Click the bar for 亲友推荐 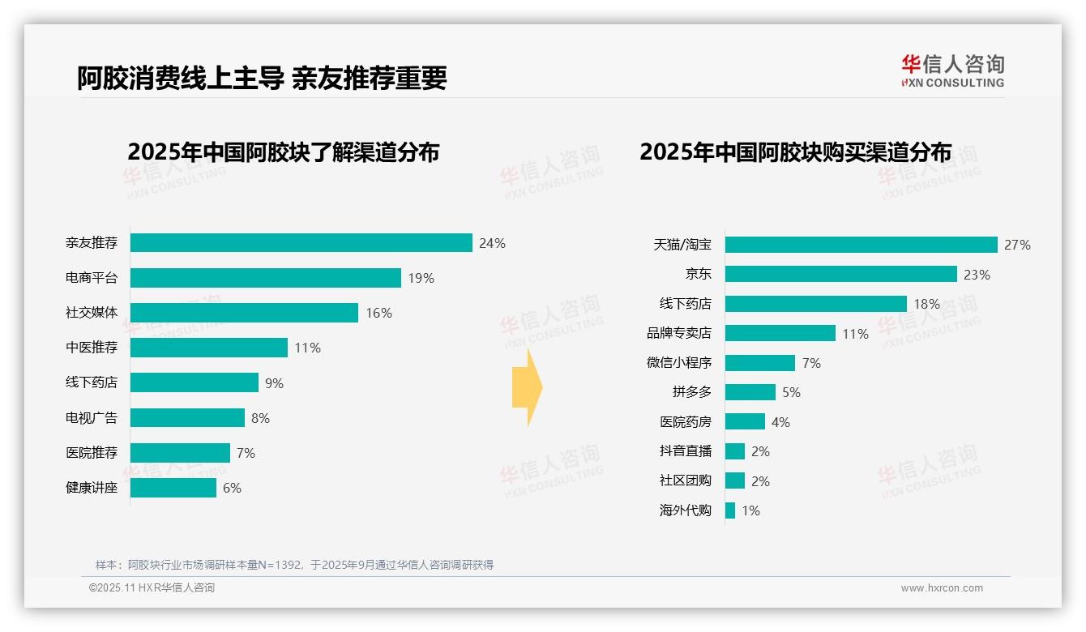301,243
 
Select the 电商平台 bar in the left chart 265,278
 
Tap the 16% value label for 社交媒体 378,313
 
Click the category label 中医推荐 92,348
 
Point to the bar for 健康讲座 173,488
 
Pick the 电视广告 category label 92,418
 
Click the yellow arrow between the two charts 527,387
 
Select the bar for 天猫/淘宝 861,245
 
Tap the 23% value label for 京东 977,275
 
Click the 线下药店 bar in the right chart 815,304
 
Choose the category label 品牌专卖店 678,333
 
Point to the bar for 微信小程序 759,363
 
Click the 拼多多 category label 691,392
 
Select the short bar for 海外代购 730,510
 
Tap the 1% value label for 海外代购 750,510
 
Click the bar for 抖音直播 735,451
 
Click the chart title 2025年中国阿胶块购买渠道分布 795,152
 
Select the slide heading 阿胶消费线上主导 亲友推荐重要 262,78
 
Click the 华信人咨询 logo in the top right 952,71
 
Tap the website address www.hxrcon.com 942,588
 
